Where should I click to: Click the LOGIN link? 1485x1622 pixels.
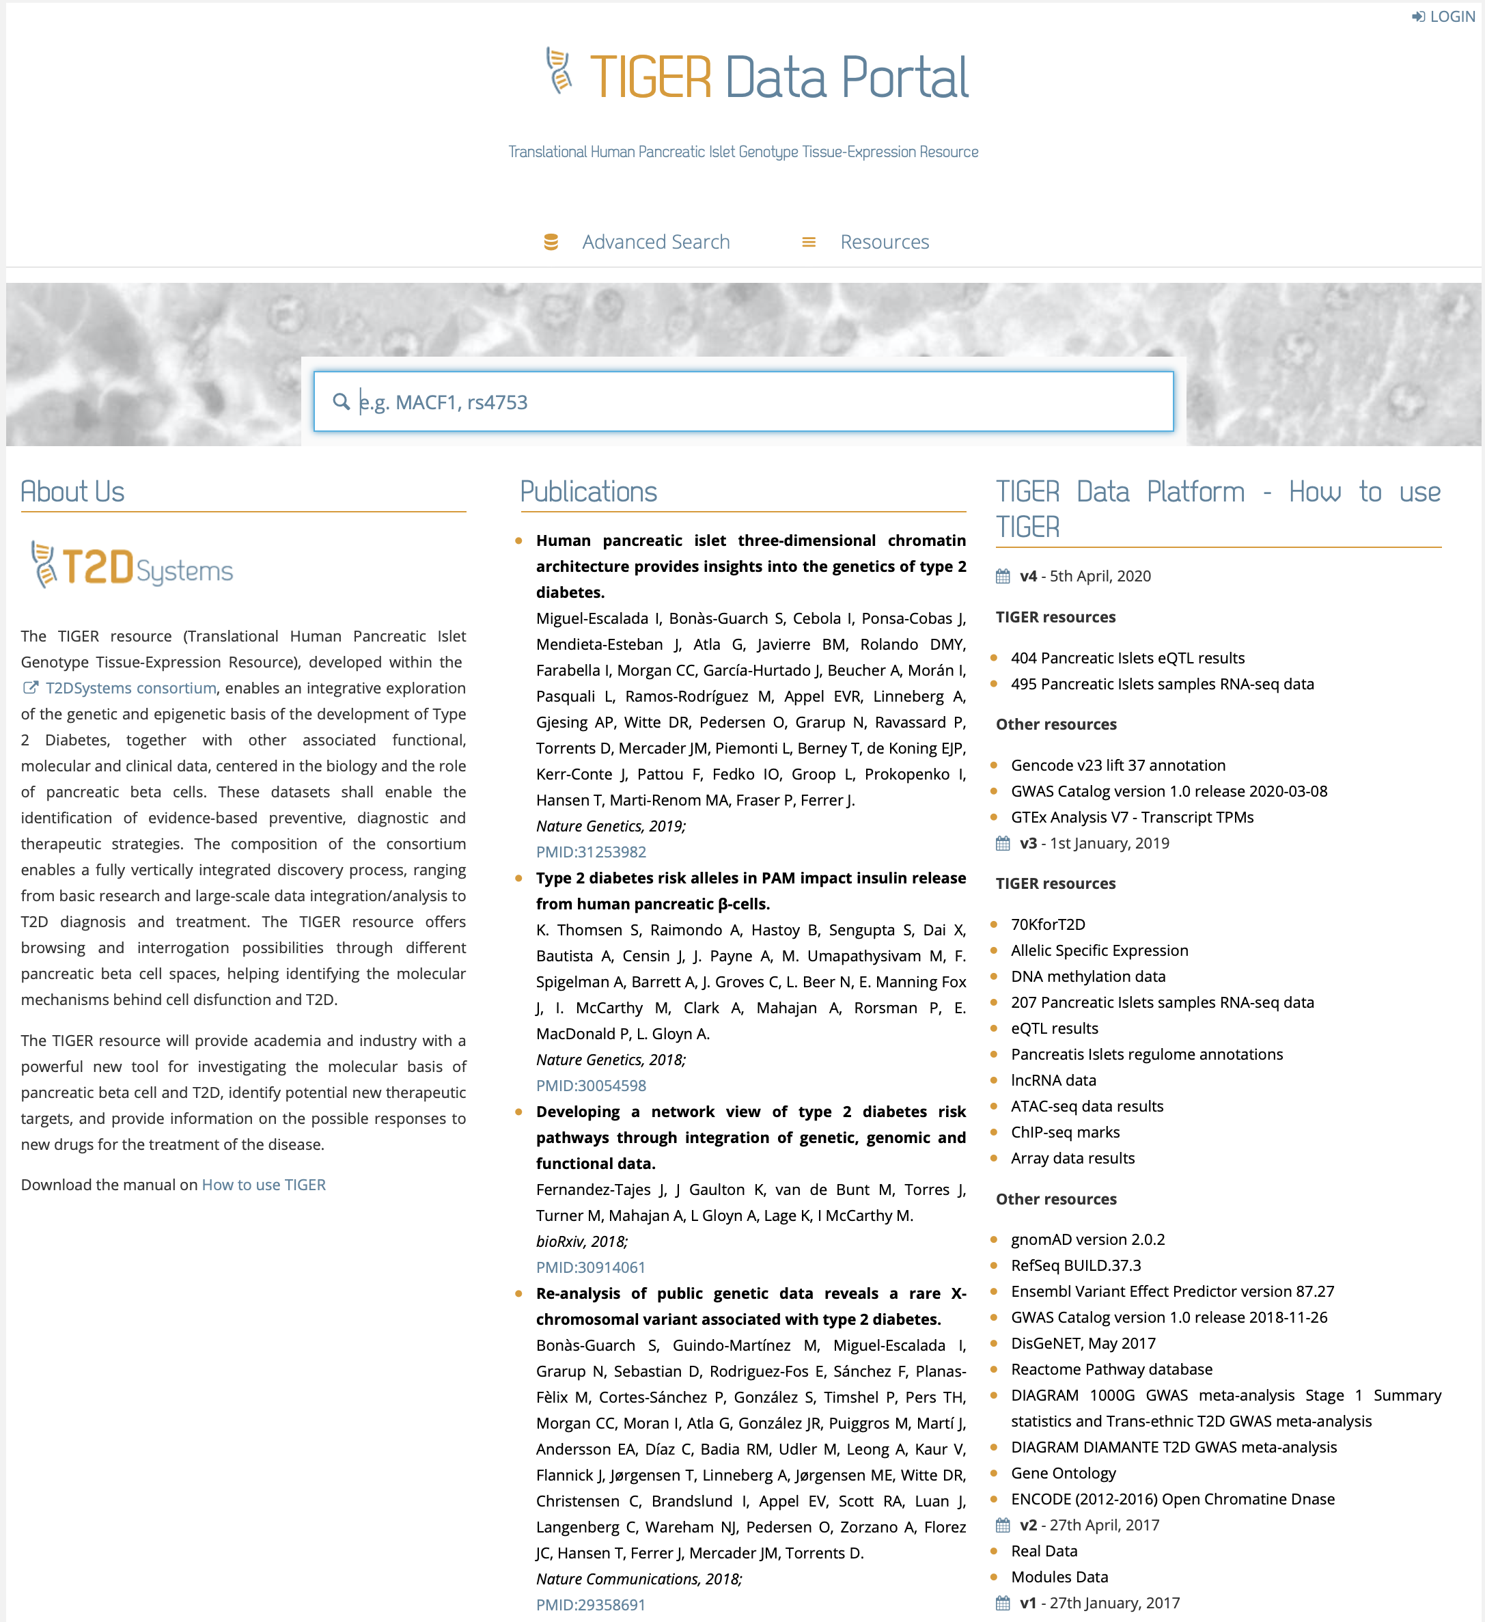pyautogui.click(x=1444, y=16)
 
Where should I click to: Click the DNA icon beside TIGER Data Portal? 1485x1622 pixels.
pyautogui.click(x=559, y=72)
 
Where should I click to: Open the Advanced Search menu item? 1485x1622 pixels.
pyautogui.click(x=655, y=242)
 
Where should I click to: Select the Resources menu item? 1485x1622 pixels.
pyautogui.click(x=883, y=242)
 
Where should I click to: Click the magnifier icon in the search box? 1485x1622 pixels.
pyautogui.click(x=341, y=402)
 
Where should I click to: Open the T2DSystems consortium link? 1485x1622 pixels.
pyautogui.click(x=130, y=688)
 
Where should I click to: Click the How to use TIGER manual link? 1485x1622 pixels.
pyautogui.click(x=263, y=1184)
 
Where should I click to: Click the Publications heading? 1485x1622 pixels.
pyautogui.click(x=588, y=492)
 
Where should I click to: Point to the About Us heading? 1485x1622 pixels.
pyautogui.click(x=72, y=492)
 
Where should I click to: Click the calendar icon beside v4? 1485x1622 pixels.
pyautogui.click(x=1002, y=576)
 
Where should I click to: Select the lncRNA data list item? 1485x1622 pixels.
pyautogui.click(x=1053, y=1080)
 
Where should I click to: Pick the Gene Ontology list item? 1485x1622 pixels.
pyautogui.click(x=1063, y=1472)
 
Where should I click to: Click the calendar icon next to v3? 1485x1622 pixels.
pyautogui.click(x=1002, y=843)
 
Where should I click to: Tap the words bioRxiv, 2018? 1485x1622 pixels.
pyautogui.click(x=581, y=1241)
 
